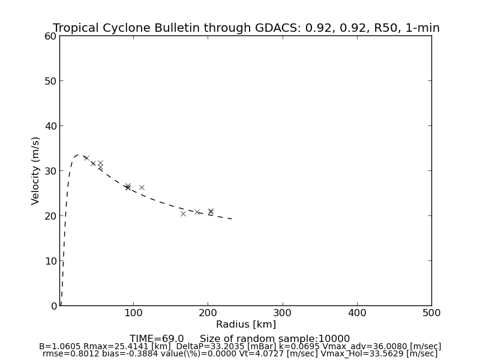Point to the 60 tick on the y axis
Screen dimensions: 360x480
tap(50, 36)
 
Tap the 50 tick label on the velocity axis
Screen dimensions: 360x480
tap(50, 81)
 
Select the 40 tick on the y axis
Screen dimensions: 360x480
tap(50, 126)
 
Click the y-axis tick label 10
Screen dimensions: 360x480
tap(50, 261)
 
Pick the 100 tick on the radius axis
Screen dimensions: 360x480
tap(133, 313)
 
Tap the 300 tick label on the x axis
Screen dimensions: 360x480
tap(283, 313)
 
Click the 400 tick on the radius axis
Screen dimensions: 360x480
tap(357, 313)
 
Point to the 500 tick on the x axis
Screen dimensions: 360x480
tap(431, 313)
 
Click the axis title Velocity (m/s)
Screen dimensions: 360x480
tap(36, 170)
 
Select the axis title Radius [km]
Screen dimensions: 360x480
tap(246, 325)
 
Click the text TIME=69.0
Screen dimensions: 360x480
tap(157, 339)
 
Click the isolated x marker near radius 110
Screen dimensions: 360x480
tap(142, 187)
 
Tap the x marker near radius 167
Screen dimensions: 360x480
tap(183, 214)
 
